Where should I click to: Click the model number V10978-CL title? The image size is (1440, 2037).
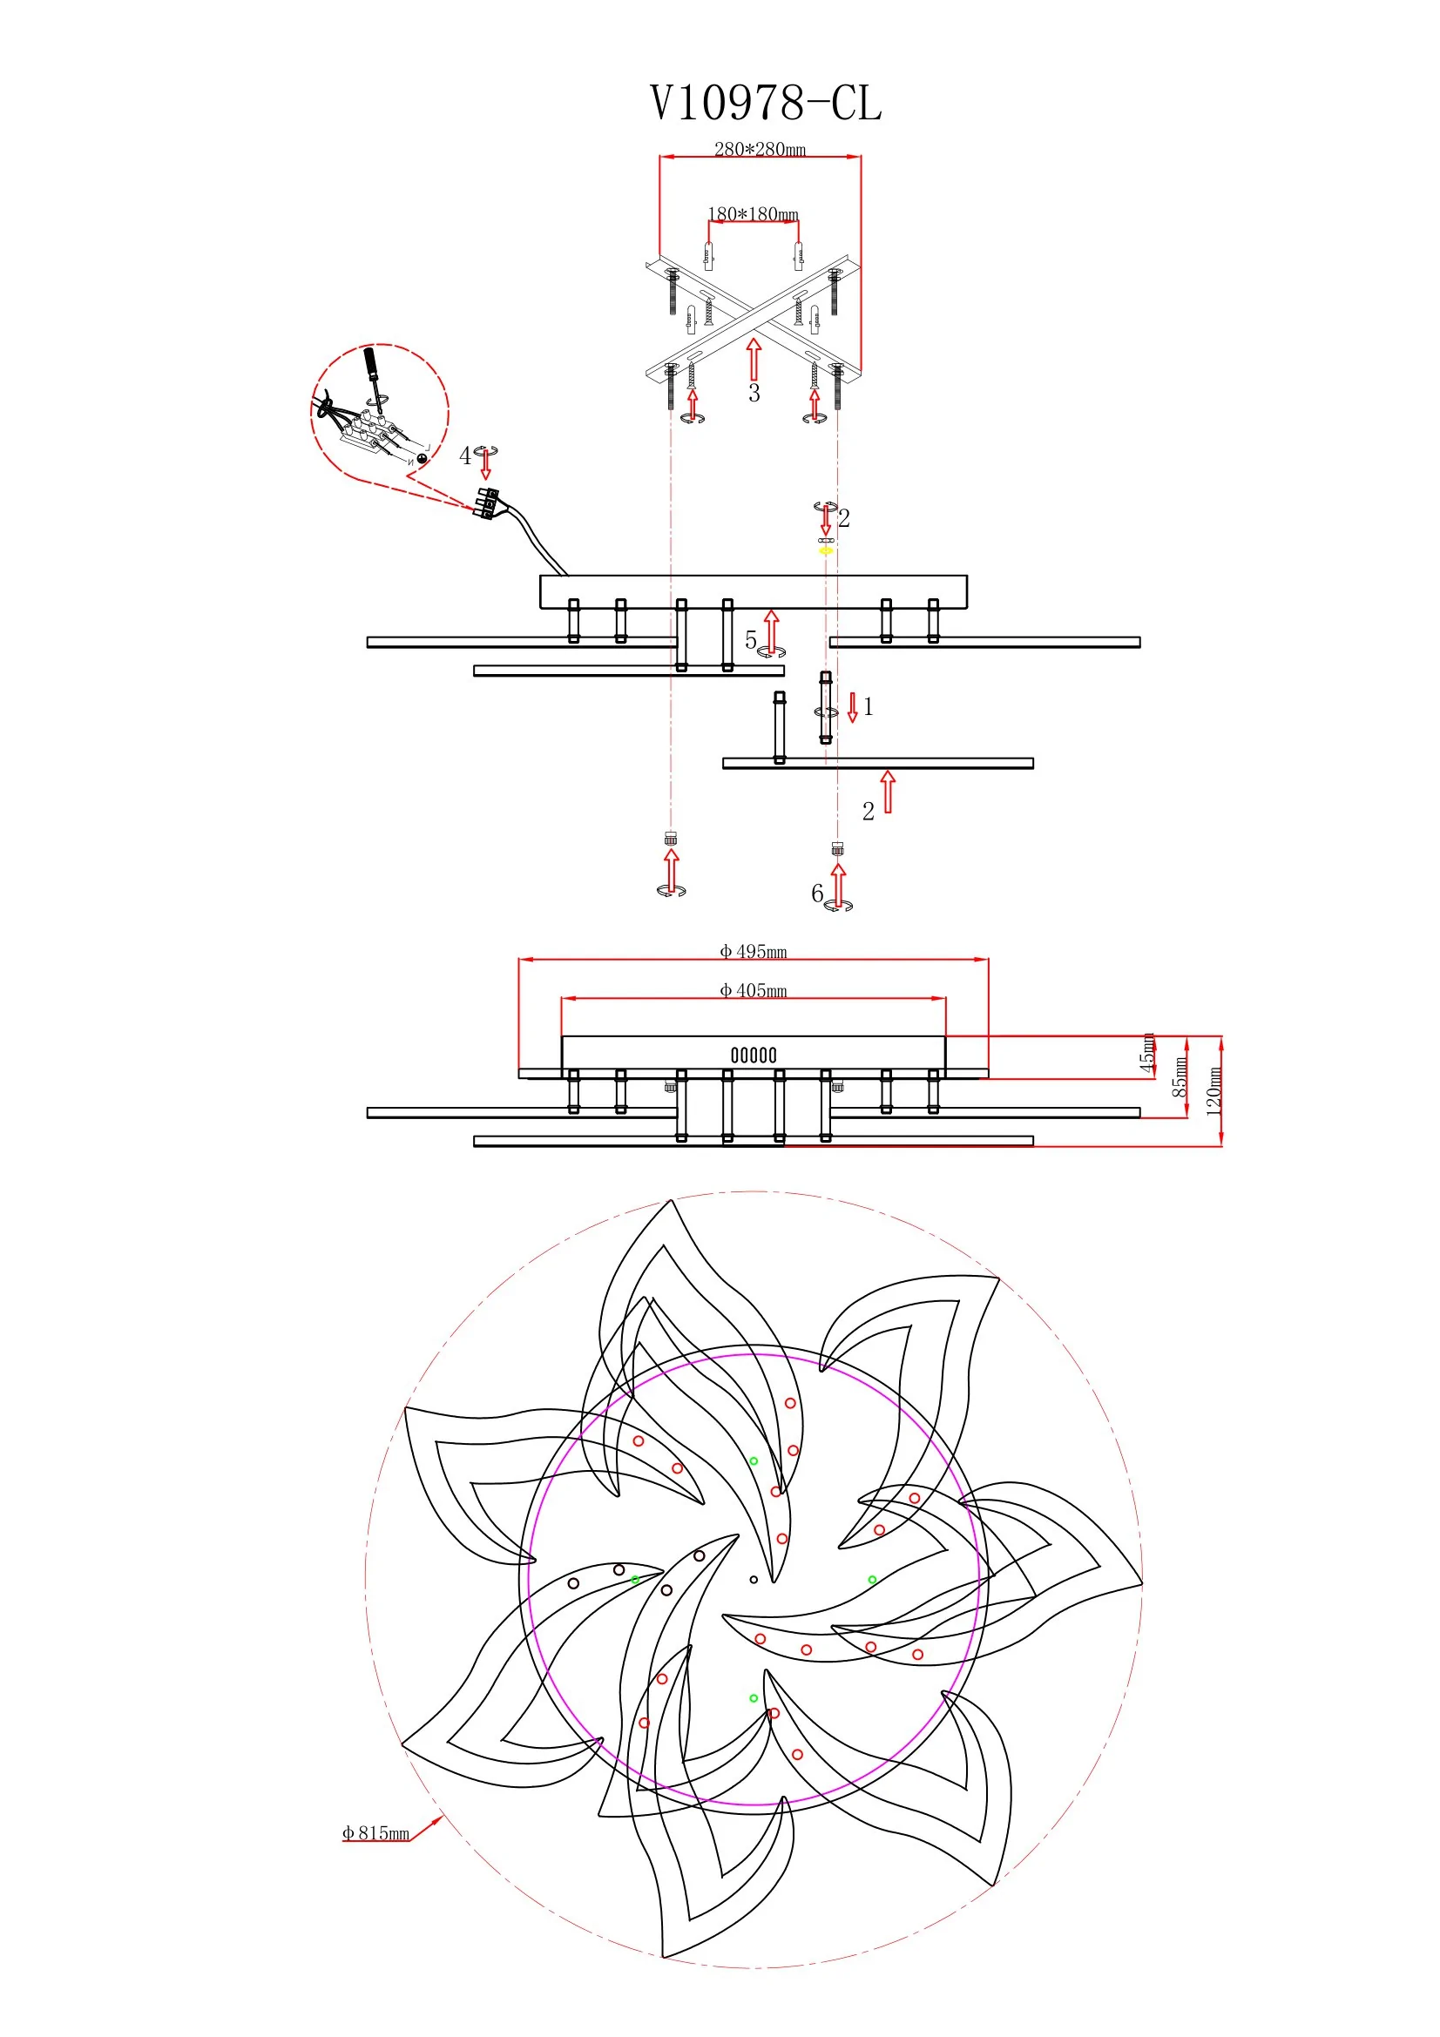pos(766,103)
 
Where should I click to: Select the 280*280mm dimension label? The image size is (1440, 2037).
pos(761,149)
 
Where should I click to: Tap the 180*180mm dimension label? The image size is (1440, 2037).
pos(754,214)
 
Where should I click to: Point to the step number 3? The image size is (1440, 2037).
pos(754,393)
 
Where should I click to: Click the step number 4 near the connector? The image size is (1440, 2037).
pos(465,456)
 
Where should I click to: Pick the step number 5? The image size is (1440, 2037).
pos(751,640)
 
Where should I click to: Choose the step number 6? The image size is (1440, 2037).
pos(817,894)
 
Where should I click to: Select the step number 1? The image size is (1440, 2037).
pos(868,706)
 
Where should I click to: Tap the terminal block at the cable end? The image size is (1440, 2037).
pos(487,503)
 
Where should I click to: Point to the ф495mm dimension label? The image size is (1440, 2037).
pos(754,952)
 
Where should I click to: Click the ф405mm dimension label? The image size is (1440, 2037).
pos(754,991)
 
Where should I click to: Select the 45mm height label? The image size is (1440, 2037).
pos(1148,1053)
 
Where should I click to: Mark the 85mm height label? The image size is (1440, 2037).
pos(1181,1077)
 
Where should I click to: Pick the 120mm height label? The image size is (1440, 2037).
pos(1214,1090)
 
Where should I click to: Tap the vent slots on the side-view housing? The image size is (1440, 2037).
pos(754,1055)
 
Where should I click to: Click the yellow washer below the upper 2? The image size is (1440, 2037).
pos(826,551)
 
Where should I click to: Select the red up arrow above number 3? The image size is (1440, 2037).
pos(754,359)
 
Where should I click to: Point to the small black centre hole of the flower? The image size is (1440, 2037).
pos(754,1580)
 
